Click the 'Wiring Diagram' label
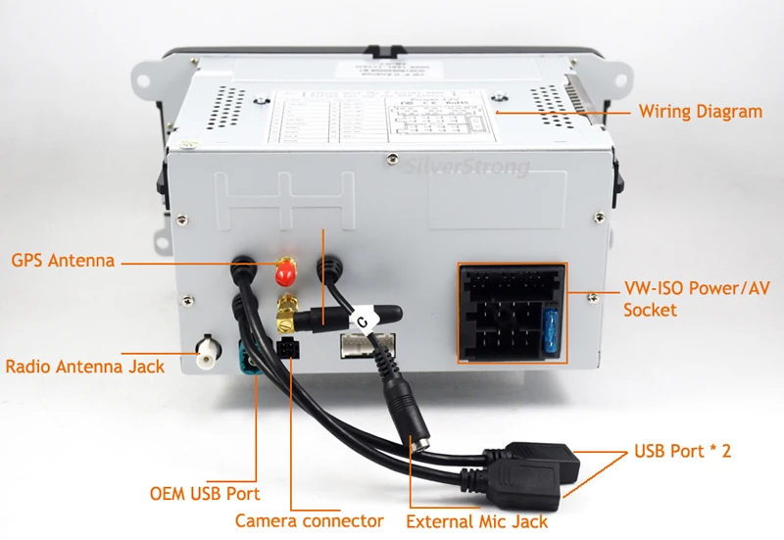tap(700, 112)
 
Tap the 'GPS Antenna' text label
tap(64, 262)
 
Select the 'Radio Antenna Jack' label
tap(85, 368)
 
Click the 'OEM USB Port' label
tap(204, 494)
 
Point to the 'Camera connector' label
tap(309, 521)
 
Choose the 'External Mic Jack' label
tap(477, 521)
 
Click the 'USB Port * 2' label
tap(682, 452)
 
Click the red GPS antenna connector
tap(285, 269)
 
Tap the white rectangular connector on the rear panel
tap(367, 344)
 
